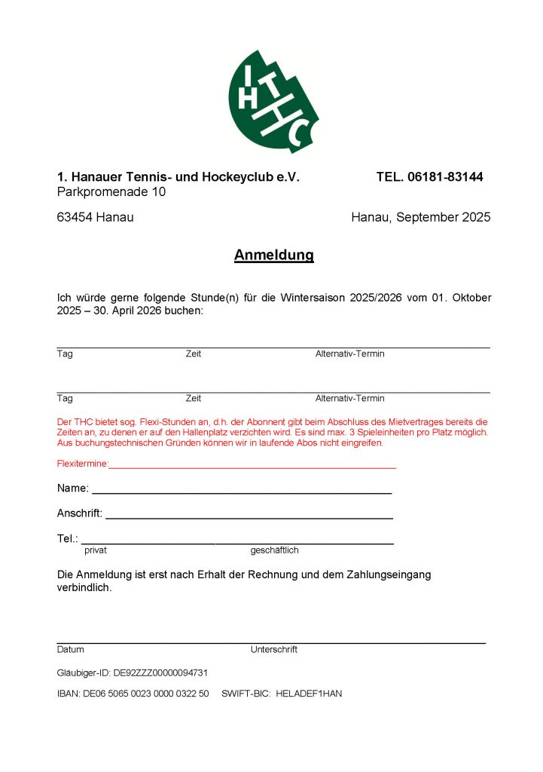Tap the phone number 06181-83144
point(445,177)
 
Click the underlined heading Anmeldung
point(273,256)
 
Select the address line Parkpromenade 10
point(111,192)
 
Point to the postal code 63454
point(75,217)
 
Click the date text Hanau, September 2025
point(420,217)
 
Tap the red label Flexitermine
point(82,464)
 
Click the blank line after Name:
point(241,491)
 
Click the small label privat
point(96,550)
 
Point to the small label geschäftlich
point(274,550)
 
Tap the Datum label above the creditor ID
point(70,649)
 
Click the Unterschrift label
point(273,649)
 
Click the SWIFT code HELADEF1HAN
point(309,693)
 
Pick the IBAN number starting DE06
point(145,693)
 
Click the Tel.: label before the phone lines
point(67,539)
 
